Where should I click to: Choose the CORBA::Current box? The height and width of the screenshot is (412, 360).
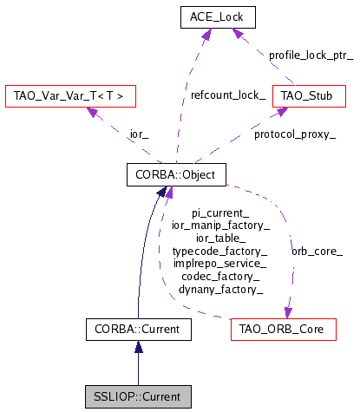point(139,329)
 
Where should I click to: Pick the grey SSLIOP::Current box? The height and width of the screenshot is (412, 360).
point(139,396)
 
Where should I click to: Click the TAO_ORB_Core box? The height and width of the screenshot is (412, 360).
point(284,329)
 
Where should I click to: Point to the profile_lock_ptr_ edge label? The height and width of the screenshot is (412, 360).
point(311,54)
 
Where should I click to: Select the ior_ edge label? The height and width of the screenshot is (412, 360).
point(115,134)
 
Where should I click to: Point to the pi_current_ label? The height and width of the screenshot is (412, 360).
point(220,212)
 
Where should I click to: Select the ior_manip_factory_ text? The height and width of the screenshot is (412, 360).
point(220,224)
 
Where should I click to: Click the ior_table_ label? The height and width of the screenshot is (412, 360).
point(220,237)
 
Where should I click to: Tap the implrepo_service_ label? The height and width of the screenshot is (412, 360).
point(220,262)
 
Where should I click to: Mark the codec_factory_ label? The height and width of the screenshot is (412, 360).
point(220,275)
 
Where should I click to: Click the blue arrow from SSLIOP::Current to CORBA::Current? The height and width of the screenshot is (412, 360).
point(139,363)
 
